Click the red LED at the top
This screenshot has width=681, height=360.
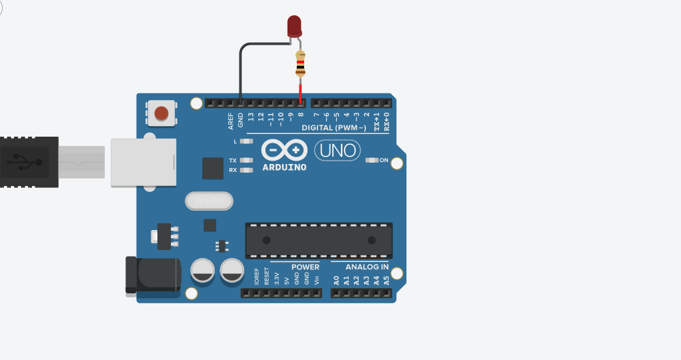(294, 26)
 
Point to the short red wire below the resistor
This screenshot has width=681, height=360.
(300, 93)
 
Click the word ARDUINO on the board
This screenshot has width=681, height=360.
(285, 167)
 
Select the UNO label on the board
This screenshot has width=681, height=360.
(337, 150)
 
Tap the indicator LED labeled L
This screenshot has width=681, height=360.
(247, 141)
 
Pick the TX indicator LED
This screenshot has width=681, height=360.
(247, 160)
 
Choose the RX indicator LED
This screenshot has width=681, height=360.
(247, 170)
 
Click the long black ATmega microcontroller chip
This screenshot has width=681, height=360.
(319, 240)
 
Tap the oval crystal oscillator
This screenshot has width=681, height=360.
(209, 201)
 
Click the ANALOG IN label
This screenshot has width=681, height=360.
(367, 267)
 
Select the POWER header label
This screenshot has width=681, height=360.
(305, 267)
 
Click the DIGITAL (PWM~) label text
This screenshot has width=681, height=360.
(333, 127)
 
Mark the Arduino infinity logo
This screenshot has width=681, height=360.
(285, 150)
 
